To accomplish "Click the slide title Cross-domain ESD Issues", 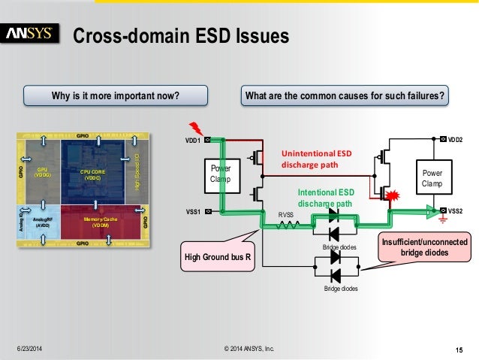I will point(180,36).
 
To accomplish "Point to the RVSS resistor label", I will point(286,214).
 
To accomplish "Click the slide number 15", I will point(459,348).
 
